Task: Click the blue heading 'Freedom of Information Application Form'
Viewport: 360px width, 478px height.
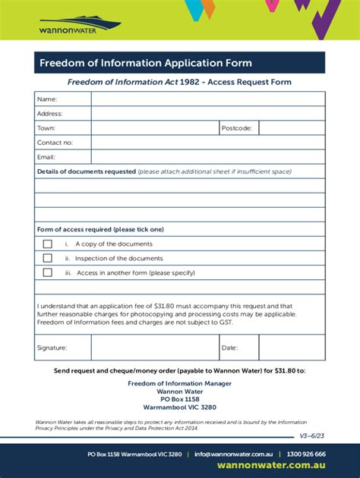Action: (146, 63)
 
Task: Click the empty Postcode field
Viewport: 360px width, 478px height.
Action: (292, 128)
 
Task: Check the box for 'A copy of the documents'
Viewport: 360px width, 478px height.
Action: (48, 244)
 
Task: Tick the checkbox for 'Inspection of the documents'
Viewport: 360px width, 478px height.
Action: (48, 259)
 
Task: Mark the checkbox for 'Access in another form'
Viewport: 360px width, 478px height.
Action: (48, 272)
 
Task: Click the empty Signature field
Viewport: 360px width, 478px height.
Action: (155, 347)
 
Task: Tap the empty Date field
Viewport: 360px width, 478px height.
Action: (292, 347)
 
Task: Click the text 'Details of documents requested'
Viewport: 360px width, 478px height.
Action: (87, 171)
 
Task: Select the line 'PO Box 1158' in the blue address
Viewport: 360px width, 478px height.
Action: (180, 399)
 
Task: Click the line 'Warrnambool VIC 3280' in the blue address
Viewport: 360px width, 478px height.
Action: (180, 407)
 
